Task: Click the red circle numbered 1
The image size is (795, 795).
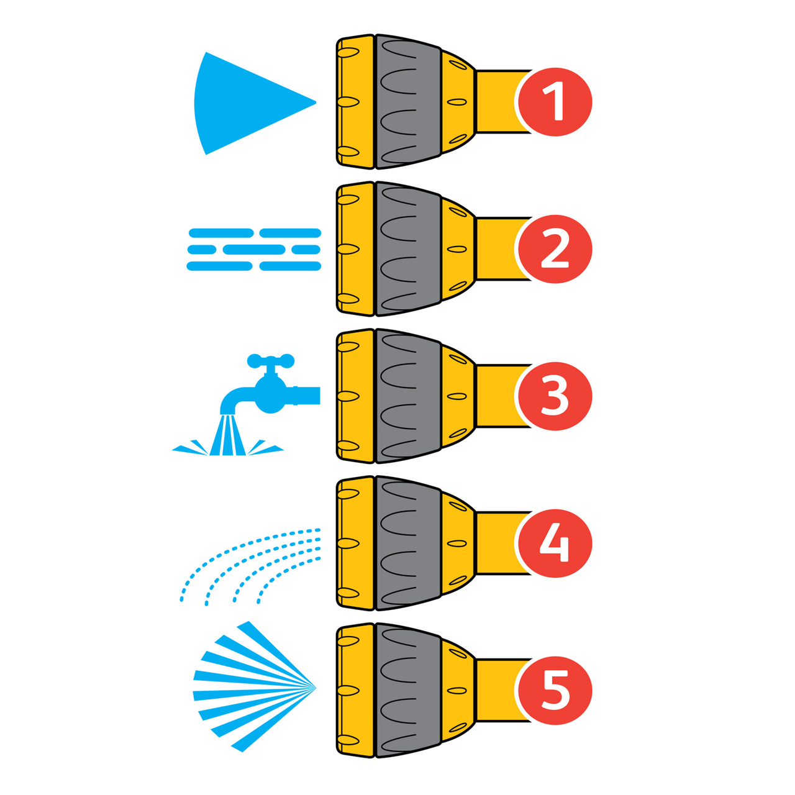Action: point(554,102)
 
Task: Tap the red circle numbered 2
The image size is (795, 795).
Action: point(554,249)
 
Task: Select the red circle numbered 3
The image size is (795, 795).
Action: point(554,396)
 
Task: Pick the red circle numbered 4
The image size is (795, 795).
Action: point(554,543)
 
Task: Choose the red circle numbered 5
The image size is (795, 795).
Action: point(554,691)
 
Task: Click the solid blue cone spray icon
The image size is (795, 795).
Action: point(242,102)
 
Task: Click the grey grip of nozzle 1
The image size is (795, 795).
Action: point(407,102)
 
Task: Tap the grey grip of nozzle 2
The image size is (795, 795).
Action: point(407,249)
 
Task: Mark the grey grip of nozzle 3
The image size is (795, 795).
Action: point(407,396)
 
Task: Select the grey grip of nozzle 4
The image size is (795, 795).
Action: point(407,543)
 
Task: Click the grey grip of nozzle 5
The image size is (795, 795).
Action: point(407,691)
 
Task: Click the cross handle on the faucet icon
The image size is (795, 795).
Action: point(270,360)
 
